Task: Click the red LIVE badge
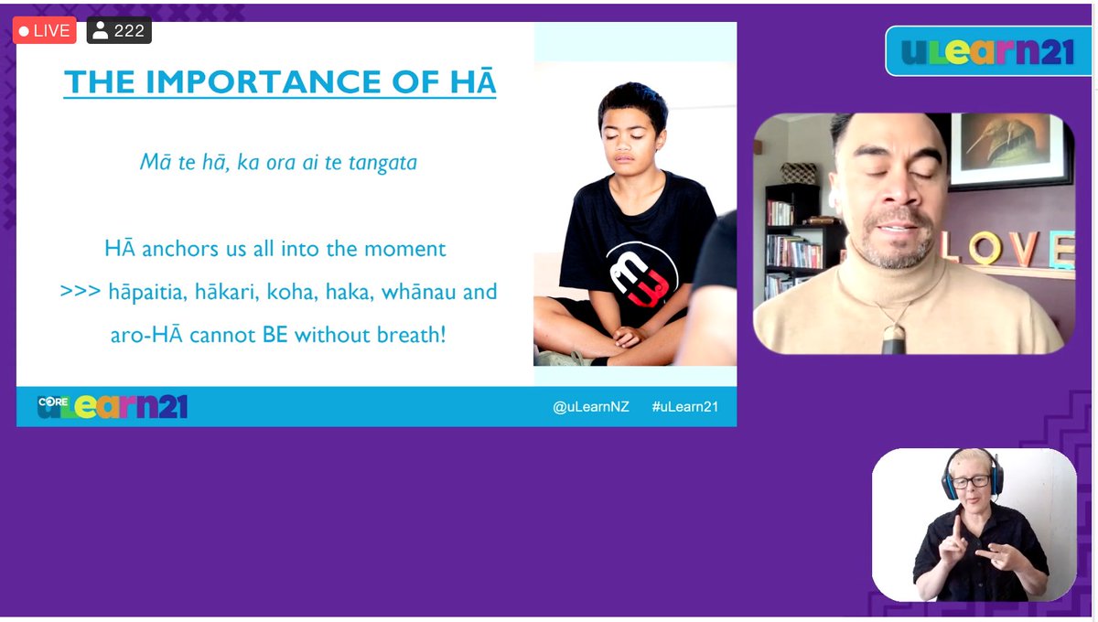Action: [x=43, y=30]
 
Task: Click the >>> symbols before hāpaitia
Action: [x=80, y=293]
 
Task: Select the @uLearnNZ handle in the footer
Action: [x=590, y=407]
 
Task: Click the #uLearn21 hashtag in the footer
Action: [x=684, y=407]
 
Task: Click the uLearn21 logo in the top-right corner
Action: [x=988, y=51]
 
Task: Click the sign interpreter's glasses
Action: [x=971, y=481]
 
